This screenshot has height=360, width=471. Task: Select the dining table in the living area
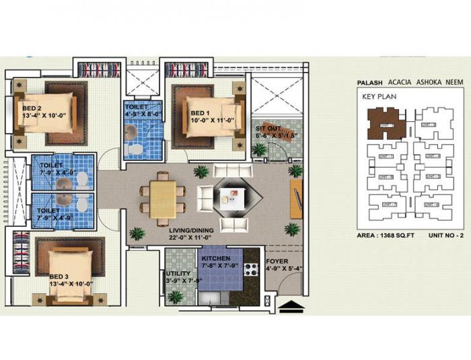163,199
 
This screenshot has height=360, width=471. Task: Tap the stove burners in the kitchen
251,269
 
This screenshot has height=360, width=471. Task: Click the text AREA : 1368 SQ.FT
382,236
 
